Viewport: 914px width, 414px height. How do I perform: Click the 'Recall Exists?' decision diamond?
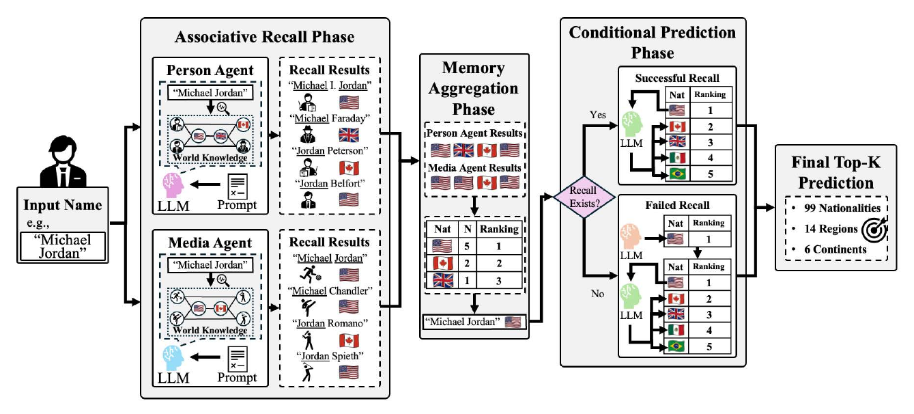584,197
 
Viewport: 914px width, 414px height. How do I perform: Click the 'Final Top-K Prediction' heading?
836,172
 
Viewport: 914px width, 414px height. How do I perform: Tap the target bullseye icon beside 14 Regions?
874,230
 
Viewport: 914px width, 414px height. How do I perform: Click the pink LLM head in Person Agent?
173,185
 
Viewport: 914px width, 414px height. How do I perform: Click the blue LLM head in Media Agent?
173,358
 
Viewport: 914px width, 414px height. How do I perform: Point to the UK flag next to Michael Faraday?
349,135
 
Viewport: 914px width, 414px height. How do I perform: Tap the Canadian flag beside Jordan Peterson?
349,168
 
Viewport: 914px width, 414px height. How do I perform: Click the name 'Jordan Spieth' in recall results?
330,356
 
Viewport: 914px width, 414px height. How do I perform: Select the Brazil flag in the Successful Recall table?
677,174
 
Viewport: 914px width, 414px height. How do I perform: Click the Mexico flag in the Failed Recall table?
676,330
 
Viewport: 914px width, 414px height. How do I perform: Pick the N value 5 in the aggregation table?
467,246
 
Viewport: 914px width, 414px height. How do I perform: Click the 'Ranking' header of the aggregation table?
499,229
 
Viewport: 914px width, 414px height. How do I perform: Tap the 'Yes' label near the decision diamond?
597,115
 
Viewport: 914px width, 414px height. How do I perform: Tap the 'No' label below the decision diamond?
597,294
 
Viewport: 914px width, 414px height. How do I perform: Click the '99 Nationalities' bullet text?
842,208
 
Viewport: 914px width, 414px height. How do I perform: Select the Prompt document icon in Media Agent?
238,359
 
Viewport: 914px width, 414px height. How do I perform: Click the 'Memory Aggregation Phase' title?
473,88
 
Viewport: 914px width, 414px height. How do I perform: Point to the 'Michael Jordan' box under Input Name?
63,247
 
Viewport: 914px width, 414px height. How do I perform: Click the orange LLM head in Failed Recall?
631,237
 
